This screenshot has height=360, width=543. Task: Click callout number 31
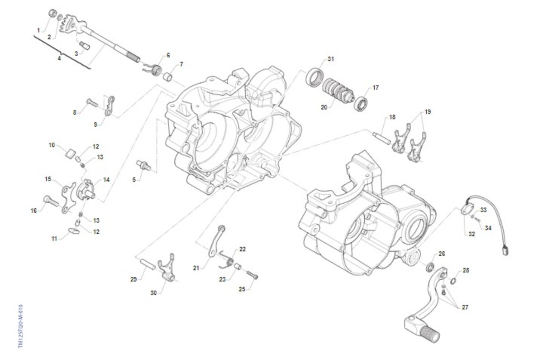(x=331, y=59)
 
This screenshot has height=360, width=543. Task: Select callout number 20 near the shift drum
(x=324, y=107)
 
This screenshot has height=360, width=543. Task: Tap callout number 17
(x=376, y=87)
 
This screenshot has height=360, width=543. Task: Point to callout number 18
(x=392, y=117)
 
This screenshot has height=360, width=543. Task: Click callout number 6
(x=168, y=55)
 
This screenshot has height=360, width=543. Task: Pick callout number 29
(x=133, y=279)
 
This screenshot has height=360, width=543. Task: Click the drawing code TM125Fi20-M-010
(x=20, y=326)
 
